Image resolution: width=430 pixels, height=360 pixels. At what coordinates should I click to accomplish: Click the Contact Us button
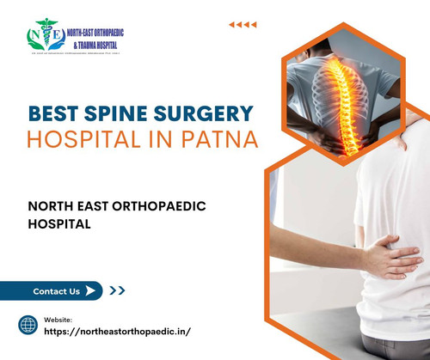[x=58, y=291]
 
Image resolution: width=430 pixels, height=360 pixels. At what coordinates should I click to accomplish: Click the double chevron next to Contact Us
[x=118, y=291]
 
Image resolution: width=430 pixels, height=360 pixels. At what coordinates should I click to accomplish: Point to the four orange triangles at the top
[x=243, y=24]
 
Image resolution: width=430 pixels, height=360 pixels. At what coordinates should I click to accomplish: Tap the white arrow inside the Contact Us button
[x=90, y=291]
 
